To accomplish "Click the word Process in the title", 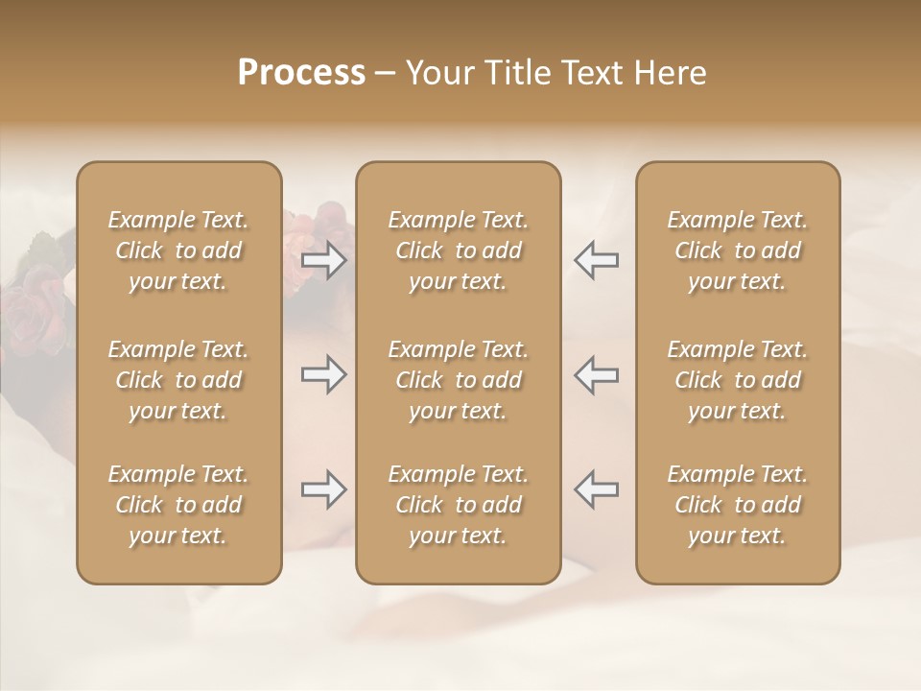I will (301, 73).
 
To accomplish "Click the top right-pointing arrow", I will (324, 260).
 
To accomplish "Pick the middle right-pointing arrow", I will (324, 374).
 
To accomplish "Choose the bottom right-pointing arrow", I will (324, 489).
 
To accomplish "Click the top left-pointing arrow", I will (596, 260).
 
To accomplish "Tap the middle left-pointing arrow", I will (596, 374).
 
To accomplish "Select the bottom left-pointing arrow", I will (596, 489).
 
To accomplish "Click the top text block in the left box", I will (178, 250).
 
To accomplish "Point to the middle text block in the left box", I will (178, 380).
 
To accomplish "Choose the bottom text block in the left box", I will (178, 505).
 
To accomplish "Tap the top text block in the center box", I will (458, 250).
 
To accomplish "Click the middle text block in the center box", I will (458, 380).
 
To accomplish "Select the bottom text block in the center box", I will (458, 505).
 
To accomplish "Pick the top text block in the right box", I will (737, 250).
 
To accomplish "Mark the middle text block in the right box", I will (737, 380).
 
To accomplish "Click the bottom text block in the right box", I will (737, 505).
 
